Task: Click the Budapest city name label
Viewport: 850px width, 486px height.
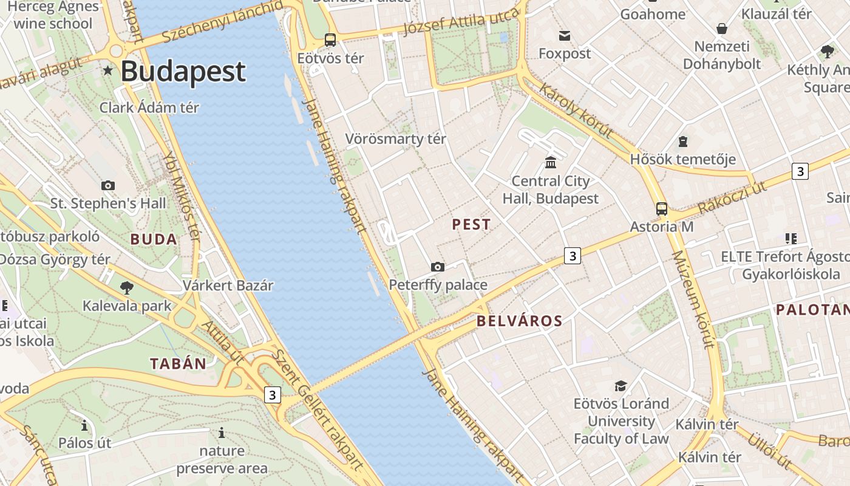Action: pyautogui.click(x=183, y=72)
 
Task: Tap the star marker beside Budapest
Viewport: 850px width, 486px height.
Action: pyautogui.click(x=108, y=71)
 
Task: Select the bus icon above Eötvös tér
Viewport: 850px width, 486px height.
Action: pyautogui.click(x=330, y=40)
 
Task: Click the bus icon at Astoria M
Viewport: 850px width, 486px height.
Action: pyautogui.click(x=662, y=209)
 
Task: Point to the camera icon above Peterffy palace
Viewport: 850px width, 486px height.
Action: pyautogui.click(x=437, y=267)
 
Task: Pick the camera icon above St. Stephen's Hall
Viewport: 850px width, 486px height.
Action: pyautogui.click(x=108, y=185)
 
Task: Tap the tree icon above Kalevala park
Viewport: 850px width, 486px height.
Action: pyautogui.click(x=127, y=287)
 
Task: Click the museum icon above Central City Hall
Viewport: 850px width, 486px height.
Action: pyautogui.click(x=551, y=162)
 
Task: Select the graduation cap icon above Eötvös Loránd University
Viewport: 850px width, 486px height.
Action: pyautogui.click(x=620, y=386)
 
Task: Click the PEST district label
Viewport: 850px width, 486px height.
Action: pyautogui.click(x=471, y=225)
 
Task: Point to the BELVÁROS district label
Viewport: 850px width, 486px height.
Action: pyautogui.click(x=520, y=321)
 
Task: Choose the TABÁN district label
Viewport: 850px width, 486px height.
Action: pyautogui.click(x=178, y=364)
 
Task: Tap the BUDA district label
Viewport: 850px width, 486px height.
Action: pyautogui.click(x=154, y=239)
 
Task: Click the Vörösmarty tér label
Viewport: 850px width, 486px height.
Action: pyautogui.click(x=395, y=139)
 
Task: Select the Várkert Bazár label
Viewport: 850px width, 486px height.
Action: pyautogui.click(x=228, y=285)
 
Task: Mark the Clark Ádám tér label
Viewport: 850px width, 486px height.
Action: pyautogui.click(x=149, y=108)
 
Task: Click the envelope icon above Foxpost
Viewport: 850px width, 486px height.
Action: pyautogui.click(x=565, y=36)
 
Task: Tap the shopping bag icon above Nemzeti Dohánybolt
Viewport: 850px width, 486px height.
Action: pyautogui.click(x=722, y=29)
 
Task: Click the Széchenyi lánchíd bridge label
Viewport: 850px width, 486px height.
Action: pyautogui.click(x=223, y=22)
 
